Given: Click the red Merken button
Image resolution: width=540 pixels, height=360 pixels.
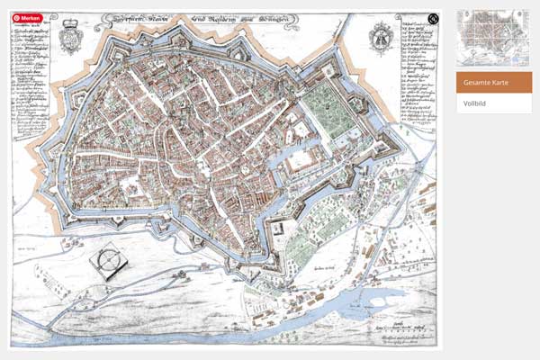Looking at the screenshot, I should tap(27, 18).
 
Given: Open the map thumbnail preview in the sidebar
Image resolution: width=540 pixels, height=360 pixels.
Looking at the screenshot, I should tap(493, 38).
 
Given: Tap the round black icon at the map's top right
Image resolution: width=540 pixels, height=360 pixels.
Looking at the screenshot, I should tap(433, 19).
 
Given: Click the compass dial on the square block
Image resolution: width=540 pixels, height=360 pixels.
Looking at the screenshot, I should tap(108, 259).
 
